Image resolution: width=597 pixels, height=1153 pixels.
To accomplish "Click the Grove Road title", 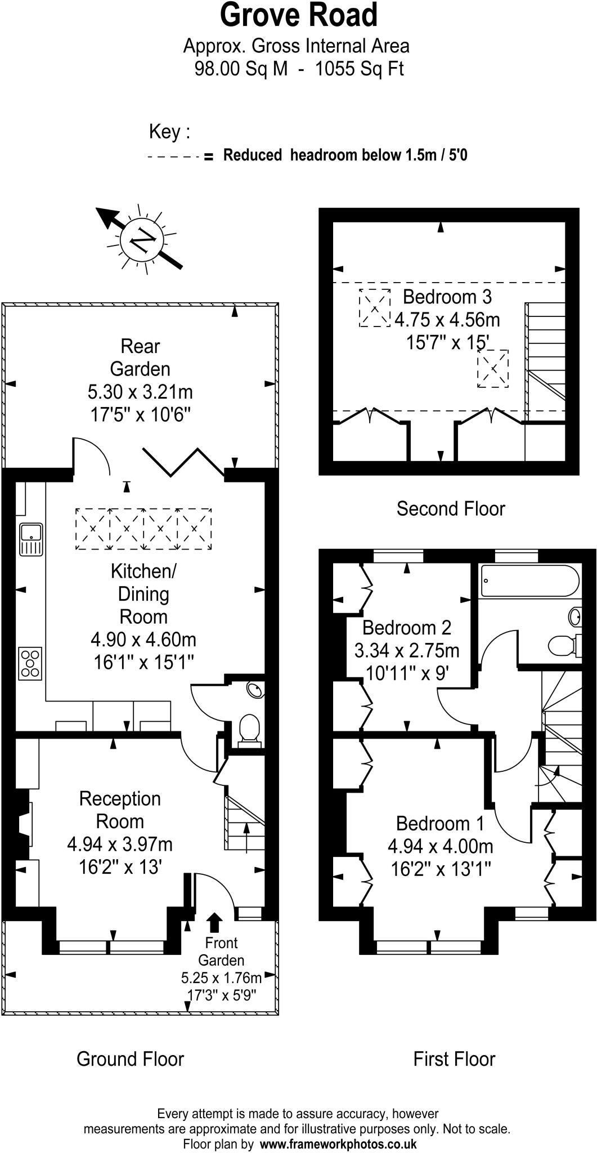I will point(298,16).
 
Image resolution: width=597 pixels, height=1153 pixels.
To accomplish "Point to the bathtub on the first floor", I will point(529,580).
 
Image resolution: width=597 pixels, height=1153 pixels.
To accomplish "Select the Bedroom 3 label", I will point(447,296).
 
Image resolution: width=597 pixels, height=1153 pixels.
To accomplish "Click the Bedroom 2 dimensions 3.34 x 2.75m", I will point(407,650).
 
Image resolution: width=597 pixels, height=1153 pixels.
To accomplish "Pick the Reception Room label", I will point(120,810).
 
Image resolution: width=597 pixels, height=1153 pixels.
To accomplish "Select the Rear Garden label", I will point(140,357).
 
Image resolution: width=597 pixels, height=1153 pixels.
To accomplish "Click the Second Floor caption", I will point(451,508).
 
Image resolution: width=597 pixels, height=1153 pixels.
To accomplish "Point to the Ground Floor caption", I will point(130,1059).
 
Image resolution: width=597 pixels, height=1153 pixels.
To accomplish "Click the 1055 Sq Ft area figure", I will point(359,69).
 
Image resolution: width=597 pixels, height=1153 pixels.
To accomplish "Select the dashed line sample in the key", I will point(173,157).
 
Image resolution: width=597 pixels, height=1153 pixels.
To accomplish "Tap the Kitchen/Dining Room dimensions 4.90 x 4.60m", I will point(143,640).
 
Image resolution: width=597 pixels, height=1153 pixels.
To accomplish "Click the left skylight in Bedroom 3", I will point(375,307).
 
